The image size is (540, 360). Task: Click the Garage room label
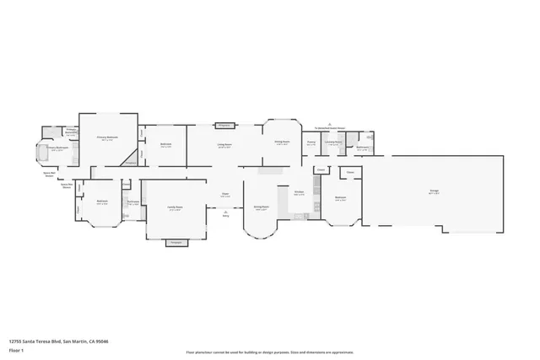(434, 191)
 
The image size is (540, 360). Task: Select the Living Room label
(224, 144)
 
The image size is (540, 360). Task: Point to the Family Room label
(175, 209)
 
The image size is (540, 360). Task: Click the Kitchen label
(299, 192)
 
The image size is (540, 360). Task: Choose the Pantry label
(310, 142)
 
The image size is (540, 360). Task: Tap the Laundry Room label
(334, 142)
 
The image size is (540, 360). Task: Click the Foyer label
(225, 195)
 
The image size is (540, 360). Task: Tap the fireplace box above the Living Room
(224, 126)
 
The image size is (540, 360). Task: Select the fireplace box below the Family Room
(176, 243)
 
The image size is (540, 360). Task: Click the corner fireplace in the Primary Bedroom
(130, 160)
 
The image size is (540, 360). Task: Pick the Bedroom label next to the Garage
(341, 199)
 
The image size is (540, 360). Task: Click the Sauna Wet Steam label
(48, 174)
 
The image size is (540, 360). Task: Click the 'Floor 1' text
(15, 349)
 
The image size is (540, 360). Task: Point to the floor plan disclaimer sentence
(269, 352)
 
